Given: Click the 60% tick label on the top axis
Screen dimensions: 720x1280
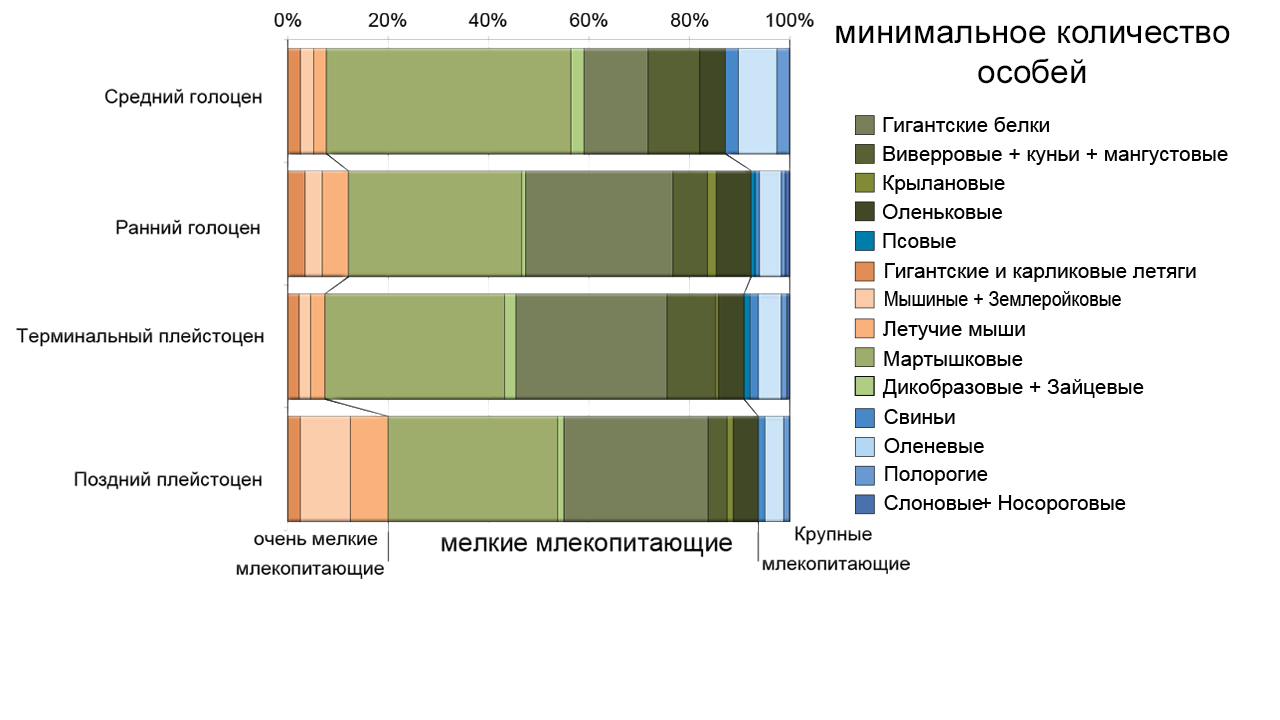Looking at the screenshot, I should [588, 21].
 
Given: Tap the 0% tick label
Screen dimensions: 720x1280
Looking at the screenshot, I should [287, 21].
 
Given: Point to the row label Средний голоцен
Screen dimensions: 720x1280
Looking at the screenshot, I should [183, 97].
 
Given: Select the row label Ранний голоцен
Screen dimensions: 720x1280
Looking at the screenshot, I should [188, 227].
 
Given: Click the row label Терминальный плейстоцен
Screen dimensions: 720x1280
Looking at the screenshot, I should [140, 336].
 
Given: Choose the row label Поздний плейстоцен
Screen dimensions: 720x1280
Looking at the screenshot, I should [168, 479].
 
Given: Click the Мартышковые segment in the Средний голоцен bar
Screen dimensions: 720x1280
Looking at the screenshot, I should [448, 100].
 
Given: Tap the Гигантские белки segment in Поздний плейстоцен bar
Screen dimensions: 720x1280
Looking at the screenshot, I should [636, 468].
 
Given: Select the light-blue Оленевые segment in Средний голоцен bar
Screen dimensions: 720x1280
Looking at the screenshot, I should [757, 100].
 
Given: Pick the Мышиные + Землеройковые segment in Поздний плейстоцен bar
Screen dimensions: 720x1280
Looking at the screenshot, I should [325, 468].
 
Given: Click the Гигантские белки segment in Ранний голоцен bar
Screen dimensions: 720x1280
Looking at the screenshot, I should [599, 223].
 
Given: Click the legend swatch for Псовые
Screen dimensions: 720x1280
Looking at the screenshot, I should [866, 241].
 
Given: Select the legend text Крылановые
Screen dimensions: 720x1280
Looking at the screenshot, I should [943, 183].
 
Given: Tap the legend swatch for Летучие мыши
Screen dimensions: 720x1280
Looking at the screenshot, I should [866, 329].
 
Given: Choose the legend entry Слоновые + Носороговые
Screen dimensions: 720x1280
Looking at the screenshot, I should [1003, 503].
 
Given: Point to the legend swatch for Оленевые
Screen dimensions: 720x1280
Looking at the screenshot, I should [866, 446].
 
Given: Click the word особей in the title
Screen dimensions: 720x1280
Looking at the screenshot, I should [1031, 73].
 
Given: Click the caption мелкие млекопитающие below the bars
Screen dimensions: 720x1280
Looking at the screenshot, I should [587, 544].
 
